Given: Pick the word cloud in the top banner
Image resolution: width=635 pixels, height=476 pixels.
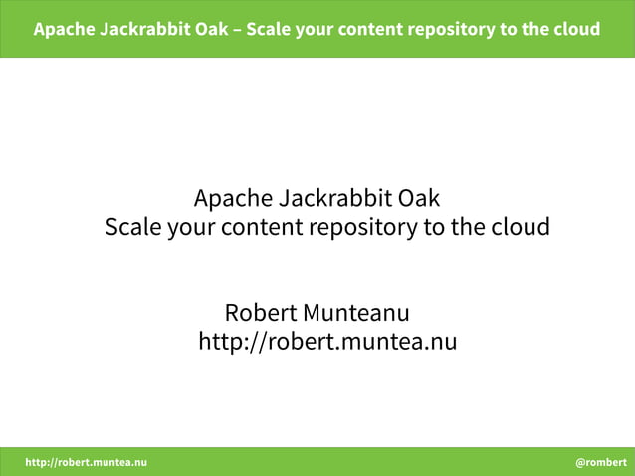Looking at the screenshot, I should pyautogui.click(x=576, y=28).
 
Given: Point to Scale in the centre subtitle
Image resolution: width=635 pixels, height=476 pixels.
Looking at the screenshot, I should pyautogui.click(x=133, y=227).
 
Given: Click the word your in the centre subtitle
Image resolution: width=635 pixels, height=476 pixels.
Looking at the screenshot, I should pyautogui.click(x=190, y=227).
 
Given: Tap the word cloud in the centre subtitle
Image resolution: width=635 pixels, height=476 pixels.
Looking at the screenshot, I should pyautogui.click(x=520, y=227).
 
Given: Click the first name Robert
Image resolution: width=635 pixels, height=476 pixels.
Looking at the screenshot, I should pyautogui.click(x=261, y=312).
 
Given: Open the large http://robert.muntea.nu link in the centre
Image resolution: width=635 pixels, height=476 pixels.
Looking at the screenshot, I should pyautogui.click(x=327, y=343).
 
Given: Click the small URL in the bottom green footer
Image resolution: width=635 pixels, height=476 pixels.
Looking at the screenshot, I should pyautogui.click(x=86, y=462).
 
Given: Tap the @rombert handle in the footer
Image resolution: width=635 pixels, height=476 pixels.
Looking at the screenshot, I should pyautogui.click(x=600, y=462).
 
